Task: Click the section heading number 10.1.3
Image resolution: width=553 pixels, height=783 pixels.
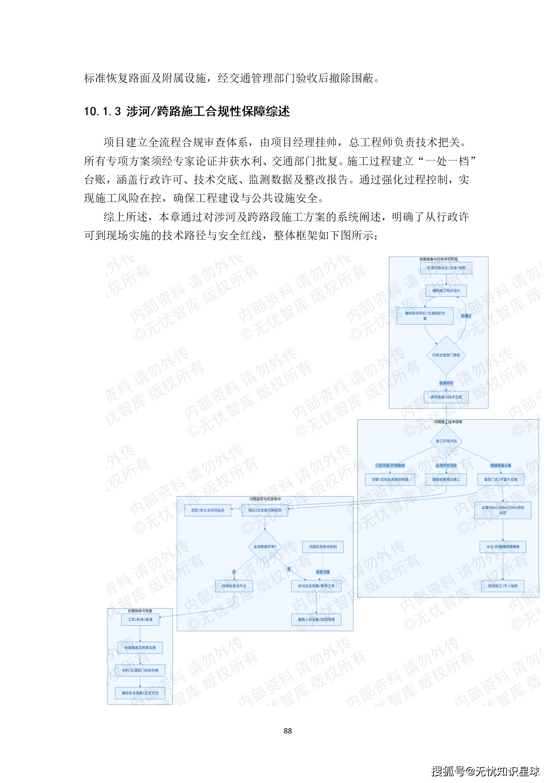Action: [102, 112]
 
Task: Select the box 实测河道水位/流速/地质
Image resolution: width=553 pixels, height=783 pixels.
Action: [446, 268]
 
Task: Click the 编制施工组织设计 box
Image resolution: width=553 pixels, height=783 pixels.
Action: [446, 291]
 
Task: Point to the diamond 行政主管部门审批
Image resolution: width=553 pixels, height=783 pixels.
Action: [446, 355]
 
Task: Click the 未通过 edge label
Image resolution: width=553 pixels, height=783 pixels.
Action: [466, 316]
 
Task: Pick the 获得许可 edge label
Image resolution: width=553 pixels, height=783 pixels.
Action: [446, 383]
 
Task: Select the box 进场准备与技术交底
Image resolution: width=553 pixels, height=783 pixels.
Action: [446, 397]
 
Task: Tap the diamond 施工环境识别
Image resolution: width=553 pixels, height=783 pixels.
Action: [446, 441]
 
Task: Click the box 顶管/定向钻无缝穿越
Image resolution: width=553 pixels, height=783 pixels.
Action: [390, 480]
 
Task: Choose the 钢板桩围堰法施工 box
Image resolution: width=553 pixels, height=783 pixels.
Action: [446, 480]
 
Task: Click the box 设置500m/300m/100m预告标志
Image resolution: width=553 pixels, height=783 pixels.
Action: [503, 510]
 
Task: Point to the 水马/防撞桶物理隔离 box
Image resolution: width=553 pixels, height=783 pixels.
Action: [503, 547]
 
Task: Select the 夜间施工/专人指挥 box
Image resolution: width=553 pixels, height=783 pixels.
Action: [503, 586]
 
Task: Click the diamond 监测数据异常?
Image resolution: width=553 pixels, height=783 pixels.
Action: [265, 547]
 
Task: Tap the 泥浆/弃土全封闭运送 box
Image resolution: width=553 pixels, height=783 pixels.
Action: [208, 510]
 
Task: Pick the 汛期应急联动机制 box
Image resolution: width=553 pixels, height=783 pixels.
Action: [323, 547]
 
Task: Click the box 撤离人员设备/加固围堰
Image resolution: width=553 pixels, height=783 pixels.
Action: [316, 619]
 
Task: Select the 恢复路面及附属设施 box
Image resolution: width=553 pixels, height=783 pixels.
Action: [140, 648]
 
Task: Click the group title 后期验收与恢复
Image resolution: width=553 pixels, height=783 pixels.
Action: [140, 611]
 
